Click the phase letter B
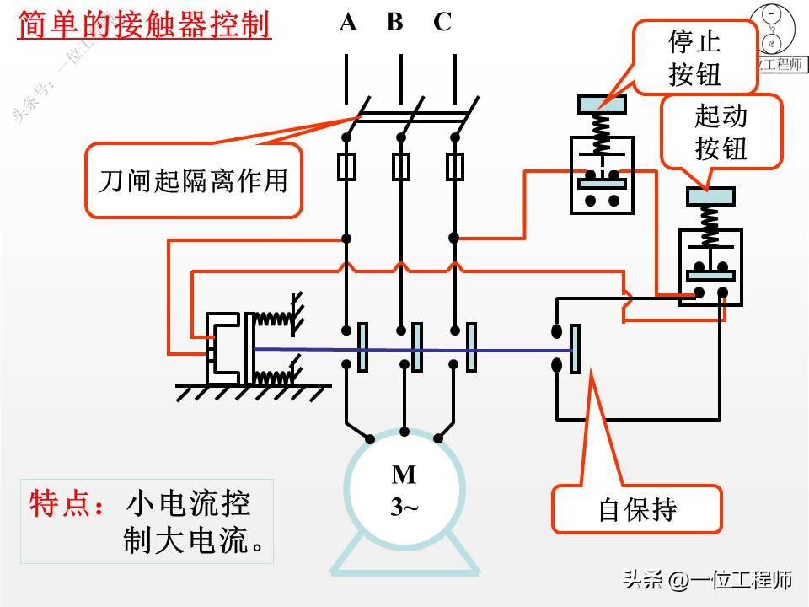click(x=394, y=23)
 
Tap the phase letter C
click(x=442, y=23)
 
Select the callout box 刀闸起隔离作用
click(x=193, y=180)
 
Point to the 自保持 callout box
click(x=637, y=508)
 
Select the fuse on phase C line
click(x=455, y=167)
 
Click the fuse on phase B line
click(x=401, y=167)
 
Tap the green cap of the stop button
click(x=602, y=105)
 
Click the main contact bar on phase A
click(x=362, y=346)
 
